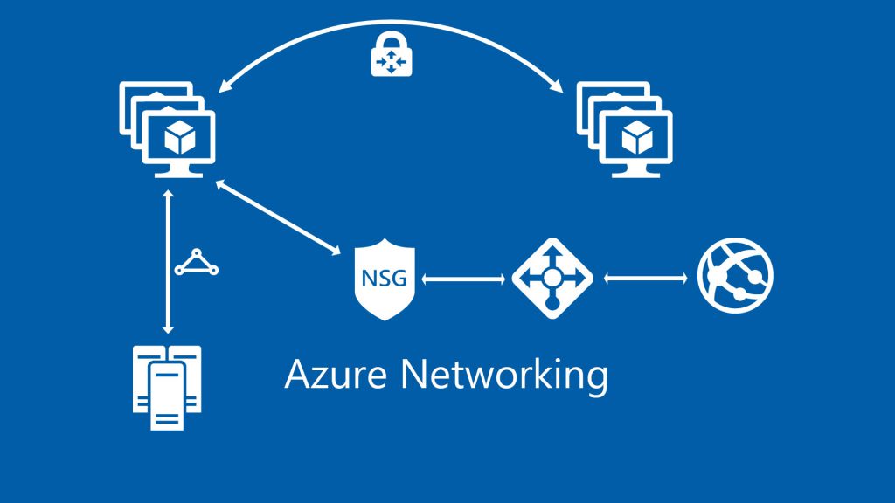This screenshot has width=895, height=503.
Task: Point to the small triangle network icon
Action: [x=196, y=262]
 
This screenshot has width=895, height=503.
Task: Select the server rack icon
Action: [x=166, y=387]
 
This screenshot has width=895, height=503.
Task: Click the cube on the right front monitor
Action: [x=638, y=138]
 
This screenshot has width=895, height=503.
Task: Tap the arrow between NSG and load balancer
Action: [x=464, y=280]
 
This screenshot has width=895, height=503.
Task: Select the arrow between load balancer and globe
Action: [x=645, y=279]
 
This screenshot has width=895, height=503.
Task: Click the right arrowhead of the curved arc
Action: [x=556, y=86]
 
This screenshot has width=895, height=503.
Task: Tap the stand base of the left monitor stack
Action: [x=178, y=174]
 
